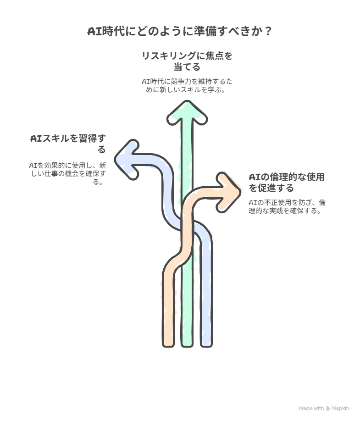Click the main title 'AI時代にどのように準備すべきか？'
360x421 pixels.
180,31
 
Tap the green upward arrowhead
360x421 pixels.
187,112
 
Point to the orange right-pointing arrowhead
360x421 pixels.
228,192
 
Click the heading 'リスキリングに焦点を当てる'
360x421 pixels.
187,61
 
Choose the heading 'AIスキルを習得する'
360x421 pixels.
68,144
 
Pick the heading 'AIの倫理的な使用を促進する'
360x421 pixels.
287,183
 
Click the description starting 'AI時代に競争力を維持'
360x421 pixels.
187,85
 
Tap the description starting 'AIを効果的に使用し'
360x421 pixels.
68,173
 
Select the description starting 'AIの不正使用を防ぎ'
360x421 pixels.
287,206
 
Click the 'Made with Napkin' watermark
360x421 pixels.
324,408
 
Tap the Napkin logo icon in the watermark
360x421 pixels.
328,409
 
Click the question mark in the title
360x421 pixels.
268,31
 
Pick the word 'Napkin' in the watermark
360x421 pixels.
340,408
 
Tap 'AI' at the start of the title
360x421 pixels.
94,32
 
